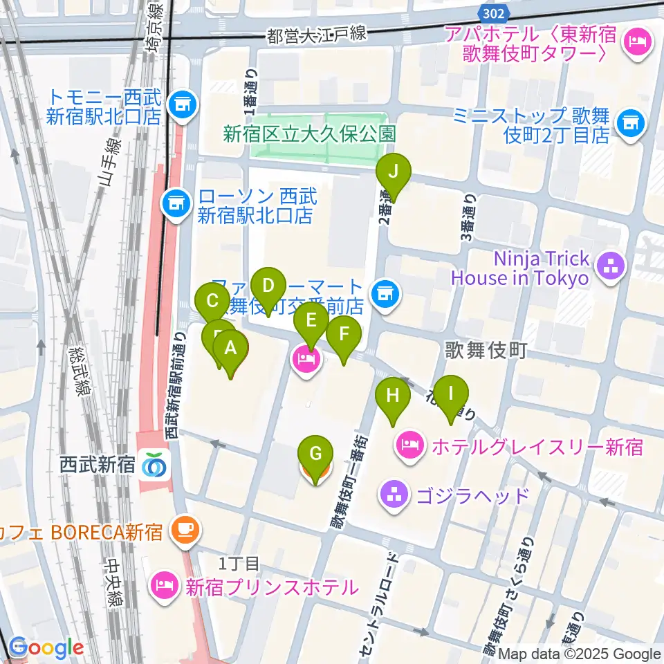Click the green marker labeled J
[x=393, y=173]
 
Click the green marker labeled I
[x=451, y=396]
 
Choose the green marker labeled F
[x=344, y=336]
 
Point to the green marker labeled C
[x=213, y=302]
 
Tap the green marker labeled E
[x=311, y=321]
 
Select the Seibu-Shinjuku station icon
[x=153, y=465]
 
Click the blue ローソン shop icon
[x=174, y=203]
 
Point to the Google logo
[x=46, y=648]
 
